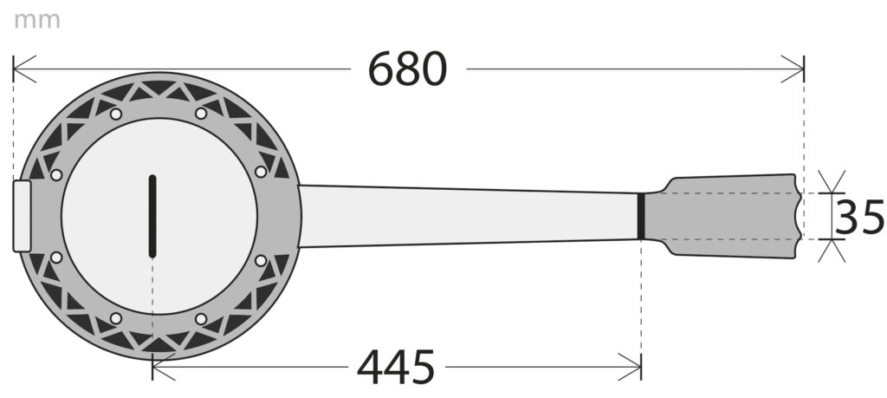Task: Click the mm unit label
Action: pyautogui.click(x=36, y=21)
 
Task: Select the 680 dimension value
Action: pyautogui.click(x=407, y=69)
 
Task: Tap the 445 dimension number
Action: pyautogui.click(x=396, y=367)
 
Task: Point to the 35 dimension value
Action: pyautogui.click(x=859, y=217)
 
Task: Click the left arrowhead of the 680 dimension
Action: pyautogui.click(x=23, y=69)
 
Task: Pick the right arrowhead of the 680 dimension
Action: pyautogui.click(x=793, y=69)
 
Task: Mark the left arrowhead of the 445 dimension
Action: pyautogui.click(x=164, y=367)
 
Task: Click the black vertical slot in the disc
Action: pyautogui.click(x=152, y=216)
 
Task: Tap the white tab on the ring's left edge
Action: pyautogui.click(x=22, y=216)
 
